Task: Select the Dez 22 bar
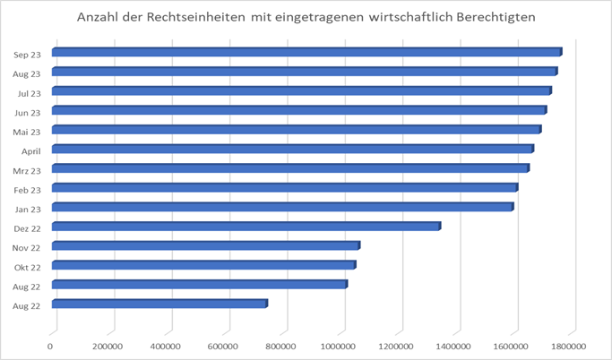tap(246, 227)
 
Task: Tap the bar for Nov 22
tap(205, 245)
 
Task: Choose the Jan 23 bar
tap(282, 207)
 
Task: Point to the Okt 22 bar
tap(203, 265)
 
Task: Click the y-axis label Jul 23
tap(27, 92)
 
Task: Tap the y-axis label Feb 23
tap(27, 189)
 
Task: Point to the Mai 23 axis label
tap(27, 131)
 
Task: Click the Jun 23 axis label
tap(27, 111)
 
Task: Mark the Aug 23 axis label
tap(26, 73)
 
